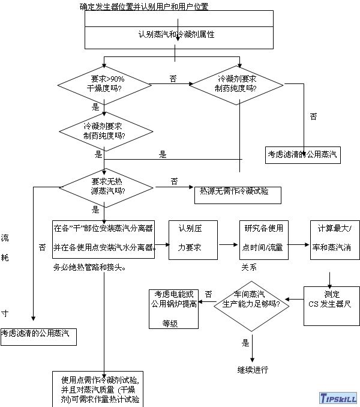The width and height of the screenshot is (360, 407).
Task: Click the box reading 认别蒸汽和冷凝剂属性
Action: (175, 35)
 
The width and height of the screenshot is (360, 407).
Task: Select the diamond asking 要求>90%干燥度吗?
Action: (104, 83)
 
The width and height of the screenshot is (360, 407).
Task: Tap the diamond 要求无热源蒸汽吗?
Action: (104, 186)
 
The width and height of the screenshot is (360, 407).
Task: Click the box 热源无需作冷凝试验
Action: (233, 191)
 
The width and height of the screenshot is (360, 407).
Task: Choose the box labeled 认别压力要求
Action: (193, 239)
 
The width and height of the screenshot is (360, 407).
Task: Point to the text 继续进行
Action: (253, 369)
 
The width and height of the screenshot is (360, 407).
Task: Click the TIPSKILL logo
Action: (337, 398)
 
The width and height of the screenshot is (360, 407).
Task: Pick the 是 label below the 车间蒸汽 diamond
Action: (245, 343)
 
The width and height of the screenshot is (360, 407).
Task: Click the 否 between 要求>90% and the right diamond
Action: (173, 79)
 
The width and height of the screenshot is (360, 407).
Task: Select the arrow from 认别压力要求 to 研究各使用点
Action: (228, 244)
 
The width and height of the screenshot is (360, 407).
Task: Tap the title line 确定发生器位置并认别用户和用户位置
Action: (144, 7)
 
